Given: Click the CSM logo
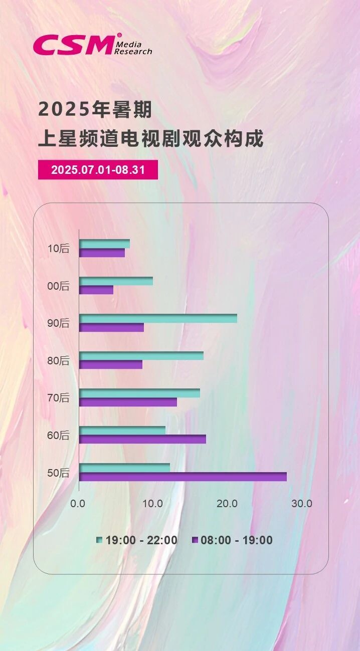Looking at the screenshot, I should pyautogui.click(x=92, y=45).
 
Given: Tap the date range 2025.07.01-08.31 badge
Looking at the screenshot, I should pyautogui.click(x=98, y=170).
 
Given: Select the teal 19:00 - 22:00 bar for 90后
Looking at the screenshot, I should pyautogui.click(x=158, y=318).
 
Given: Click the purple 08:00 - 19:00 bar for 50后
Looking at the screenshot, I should pyautogui.click(x=183, y=477).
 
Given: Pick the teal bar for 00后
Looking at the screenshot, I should pyautogui.click(x=116, y=281).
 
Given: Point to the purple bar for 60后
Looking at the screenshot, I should pyautogui.click(x=142, y=439).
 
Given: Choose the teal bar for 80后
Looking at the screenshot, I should pyautogui.click(x=141, y=356).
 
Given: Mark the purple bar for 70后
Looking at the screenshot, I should pyautogui.click(x=128, y=402).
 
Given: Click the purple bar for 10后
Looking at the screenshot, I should pyautogui.click(x=102, y=253).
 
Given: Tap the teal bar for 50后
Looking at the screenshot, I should pyautogui.click(x=124, y=468).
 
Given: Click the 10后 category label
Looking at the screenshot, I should pyautogui.click(x=58, y=249).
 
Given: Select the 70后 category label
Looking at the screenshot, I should pyautogui.click(x=58, y=398).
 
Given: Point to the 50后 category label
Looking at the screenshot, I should pyautogui.click(x=58, y=473).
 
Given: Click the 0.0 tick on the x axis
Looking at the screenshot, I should pyautogui.click(x=78, y=504).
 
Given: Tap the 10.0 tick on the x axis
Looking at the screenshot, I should pyautogui.click(x=152, y=504).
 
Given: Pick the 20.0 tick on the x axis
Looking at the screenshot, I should pyautogui.click(x=227, y=504).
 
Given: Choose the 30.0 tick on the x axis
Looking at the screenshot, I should pyautogui.click(x=302, y=504).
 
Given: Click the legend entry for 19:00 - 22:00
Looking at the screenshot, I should pyautogui.click(x=137, y=540).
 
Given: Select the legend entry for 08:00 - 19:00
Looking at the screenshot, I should pyautogui.click(x=233, y=540).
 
